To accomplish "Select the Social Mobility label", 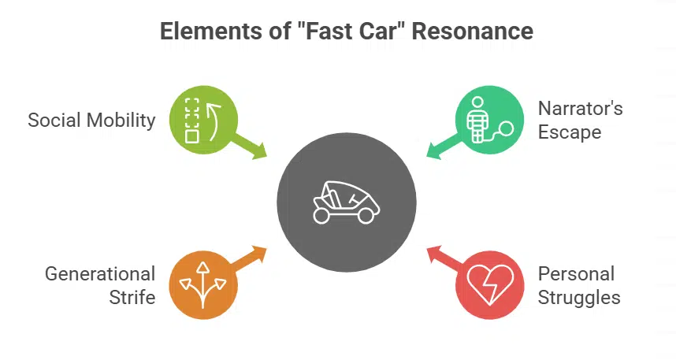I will pyautogui.click(x=91, y=121).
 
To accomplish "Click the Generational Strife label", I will pyautogui.click(x=100, y=285).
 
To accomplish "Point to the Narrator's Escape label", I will pyautogui.click(x=580, y=120).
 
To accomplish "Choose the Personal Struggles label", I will pyautogui.click(x=579, y=285).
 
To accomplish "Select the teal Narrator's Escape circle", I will pyautogui.click(x=489, y=120).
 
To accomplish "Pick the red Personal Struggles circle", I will pyautogui.click(x=489, y=285).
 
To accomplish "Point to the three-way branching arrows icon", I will pyautogui.click(x=202, y=284).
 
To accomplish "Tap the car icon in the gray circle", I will pyautogui.click(x=347, y=202).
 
